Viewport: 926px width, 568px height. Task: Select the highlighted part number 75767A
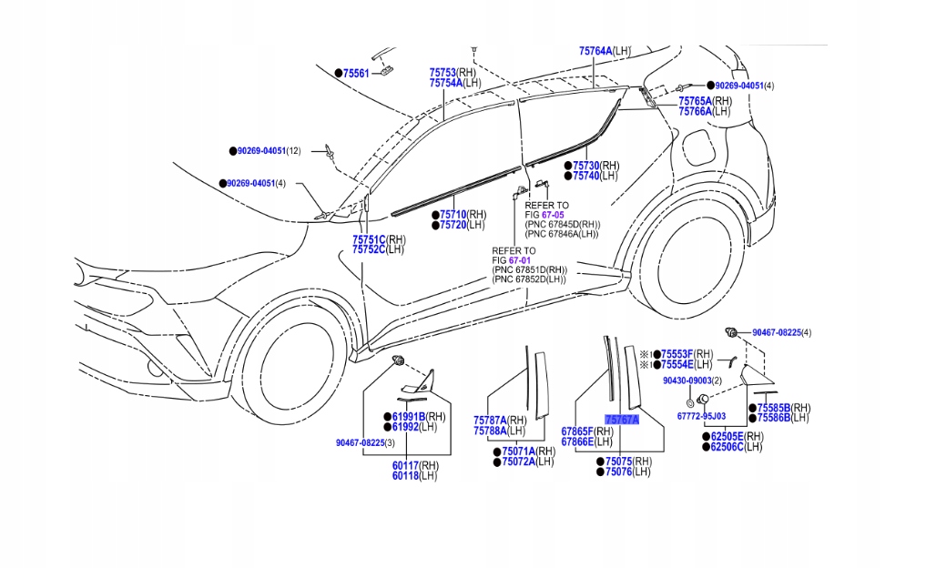pyautogui.click(x=622, y=420)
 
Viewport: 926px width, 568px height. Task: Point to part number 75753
pyautogui.click(x=443, y=72)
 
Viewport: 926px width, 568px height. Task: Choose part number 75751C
pyautogui.click(x=369, y=239)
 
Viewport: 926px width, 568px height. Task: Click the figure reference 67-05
pyautogui.click(x=554, y=215)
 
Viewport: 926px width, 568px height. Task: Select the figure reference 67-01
pyautogui.click(x=520, y=260)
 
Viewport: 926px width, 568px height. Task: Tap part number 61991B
pyautogui.click(x=409, y=416)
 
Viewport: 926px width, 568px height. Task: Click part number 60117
pyautogui.click(x=405, y=465)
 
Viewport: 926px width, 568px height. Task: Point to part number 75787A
pyautogui.click(x=490, y=420)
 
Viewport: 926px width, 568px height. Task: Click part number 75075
pyautogui.click(x=618, y=461)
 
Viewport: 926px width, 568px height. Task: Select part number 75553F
pyautogui.click(x=677, y=353)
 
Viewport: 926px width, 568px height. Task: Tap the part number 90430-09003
pyautogui.click(x=686, y=380)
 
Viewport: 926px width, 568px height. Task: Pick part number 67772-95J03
pyautogui.click(x=701, y=416)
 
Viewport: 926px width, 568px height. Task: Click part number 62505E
pyautogui.click(x=725, y=436)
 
